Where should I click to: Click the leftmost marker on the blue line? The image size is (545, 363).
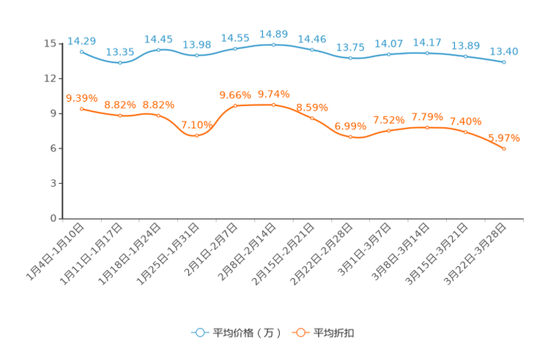click(81, 52)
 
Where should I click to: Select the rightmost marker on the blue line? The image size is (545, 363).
click(504, 62)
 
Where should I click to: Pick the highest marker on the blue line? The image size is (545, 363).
click(273, 45)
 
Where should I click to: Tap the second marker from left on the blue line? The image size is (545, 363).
click(120, 63)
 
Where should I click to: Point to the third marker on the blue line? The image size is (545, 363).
click(159, 50)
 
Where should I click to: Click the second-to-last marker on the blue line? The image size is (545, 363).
click(465, 56)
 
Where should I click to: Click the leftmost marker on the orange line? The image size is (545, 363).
click(81, 109)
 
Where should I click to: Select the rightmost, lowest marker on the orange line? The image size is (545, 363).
click(504, 149)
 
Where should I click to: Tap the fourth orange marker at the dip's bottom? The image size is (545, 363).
click(196, 136)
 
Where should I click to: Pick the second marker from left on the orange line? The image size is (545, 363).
click(120, 116)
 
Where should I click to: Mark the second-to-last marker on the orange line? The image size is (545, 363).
click(465, 132)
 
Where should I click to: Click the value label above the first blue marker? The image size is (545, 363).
click(81, 40)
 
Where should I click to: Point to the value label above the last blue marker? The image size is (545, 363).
click(504, 50)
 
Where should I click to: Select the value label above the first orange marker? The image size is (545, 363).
click(81, 98)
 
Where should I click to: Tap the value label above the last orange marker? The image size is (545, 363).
click(504, 138)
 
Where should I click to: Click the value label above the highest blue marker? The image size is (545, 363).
click(273, 33)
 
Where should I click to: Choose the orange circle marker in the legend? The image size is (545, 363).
click(300, 332)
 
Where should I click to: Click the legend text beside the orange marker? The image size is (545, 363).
click(334, 333)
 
